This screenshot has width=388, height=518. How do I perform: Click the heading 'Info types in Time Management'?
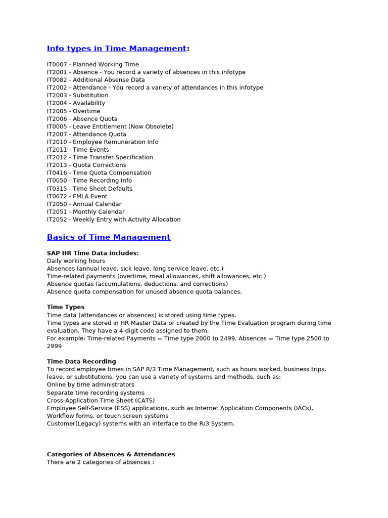(x=116, y=49)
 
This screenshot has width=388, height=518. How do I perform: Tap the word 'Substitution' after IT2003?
(x=90, y=96)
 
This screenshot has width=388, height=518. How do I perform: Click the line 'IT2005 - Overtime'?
(x=73, y=111)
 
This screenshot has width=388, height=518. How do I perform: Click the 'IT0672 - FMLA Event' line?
(x=77, y=196)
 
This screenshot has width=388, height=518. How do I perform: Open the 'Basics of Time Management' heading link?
(x=109, y=237)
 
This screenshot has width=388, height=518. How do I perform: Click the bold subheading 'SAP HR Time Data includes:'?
(x=92, y=253)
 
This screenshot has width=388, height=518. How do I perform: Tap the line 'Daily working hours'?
(x=76, y=261)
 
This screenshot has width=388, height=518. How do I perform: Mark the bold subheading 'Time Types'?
(x=66, y=307)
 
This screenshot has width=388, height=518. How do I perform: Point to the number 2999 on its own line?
(x=55, y=346)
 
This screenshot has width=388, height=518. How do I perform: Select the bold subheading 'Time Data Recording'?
(x=81, y=362)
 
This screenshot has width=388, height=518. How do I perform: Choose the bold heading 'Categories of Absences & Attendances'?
(x=111, y=454)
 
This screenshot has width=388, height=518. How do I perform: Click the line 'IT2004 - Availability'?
(x=76, y=103)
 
